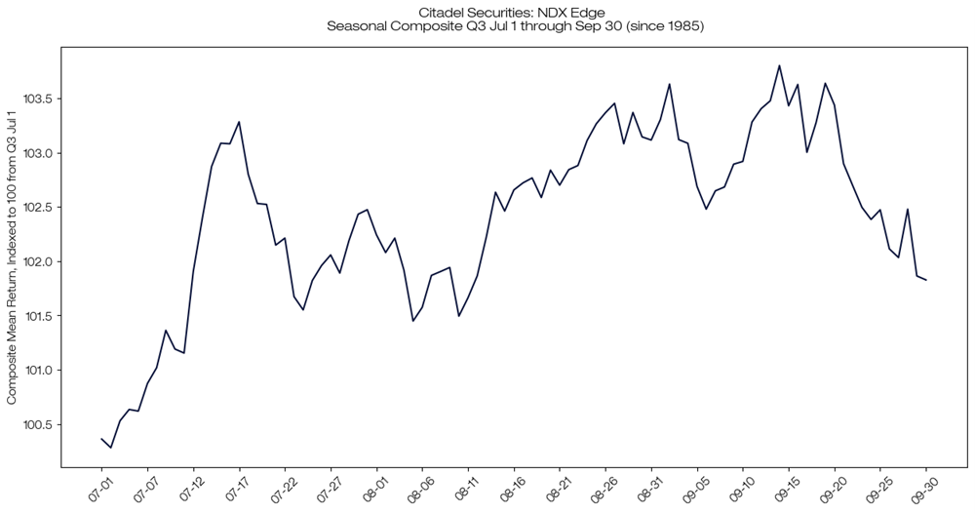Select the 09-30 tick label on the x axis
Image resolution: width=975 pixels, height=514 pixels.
(x=922, y=488)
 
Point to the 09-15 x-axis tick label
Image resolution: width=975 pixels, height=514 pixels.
(x=786, y=488)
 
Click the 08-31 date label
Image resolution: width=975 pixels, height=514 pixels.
(x=648, y=488)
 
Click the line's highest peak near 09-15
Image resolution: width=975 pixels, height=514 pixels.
(x=779, y=65)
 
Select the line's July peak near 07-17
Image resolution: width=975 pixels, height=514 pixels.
(x=239, y=122)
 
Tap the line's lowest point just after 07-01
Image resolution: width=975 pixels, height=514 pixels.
(x=111, y=448)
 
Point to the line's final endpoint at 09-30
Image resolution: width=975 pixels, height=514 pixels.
(x=925, y=280)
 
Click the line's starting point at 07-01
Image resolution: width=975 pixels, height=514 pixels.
(x=101, y=439)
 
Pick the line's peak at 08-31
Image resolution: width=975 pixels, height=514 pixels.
(x=670, y=84)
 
